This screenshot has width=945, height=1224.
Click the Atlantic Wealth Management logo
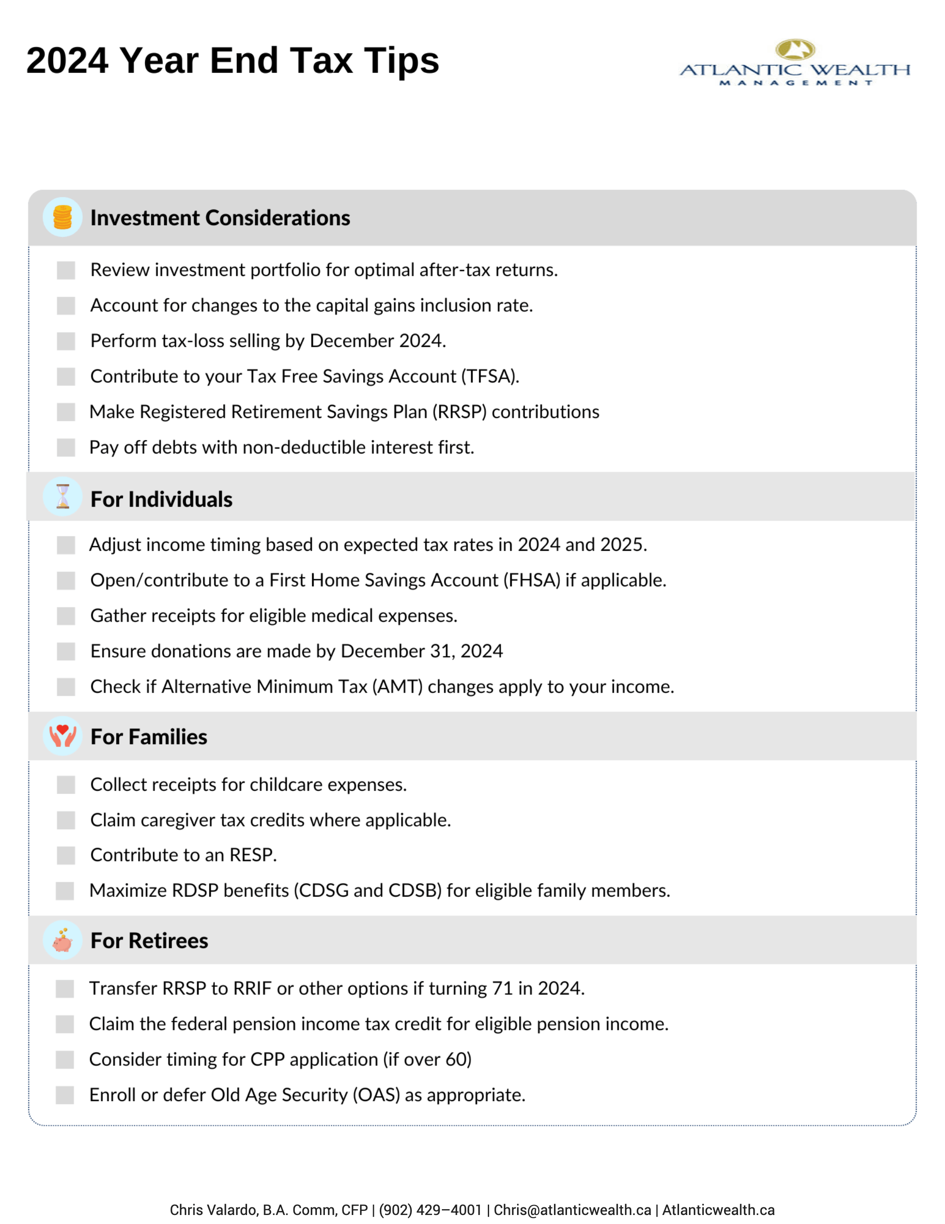click(794, 63)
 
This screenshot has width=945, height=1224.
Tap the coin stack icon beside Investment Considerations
click(62, 218)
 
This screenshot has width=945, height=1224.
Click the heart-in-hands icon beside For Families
click(63, 736)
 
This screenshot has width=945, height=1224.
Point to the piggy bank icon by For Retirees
click(63, 940)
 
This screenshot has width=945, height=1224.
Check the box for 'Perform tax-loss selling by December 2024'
click(66, 341)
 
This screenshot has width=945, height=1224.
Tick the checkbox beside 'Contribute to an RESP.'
click(66, 855)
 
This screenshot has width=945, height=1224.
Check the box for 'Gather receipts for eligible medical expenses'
click(66, 616)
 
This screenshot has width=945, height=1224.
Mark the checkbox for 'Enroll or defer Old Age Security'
click(65, 1095)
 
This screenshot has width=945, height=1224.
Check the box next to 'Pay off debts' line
click(66, 447)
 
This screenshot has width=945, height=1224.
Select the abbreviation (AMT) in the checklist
click(397, 687)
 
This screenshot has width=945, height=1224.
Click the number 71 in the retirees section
click(503, 988)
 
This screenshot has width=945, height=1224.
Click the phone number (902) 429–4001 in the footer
click(430, 1210)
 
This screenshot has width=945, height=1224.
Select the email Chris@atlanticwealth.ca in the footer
click(572, 1210)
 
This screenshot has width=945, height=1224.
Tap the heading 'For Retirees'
click(149, 940)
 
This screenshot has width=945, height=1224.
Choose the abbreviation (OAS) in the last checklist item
click(376, 1095)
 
